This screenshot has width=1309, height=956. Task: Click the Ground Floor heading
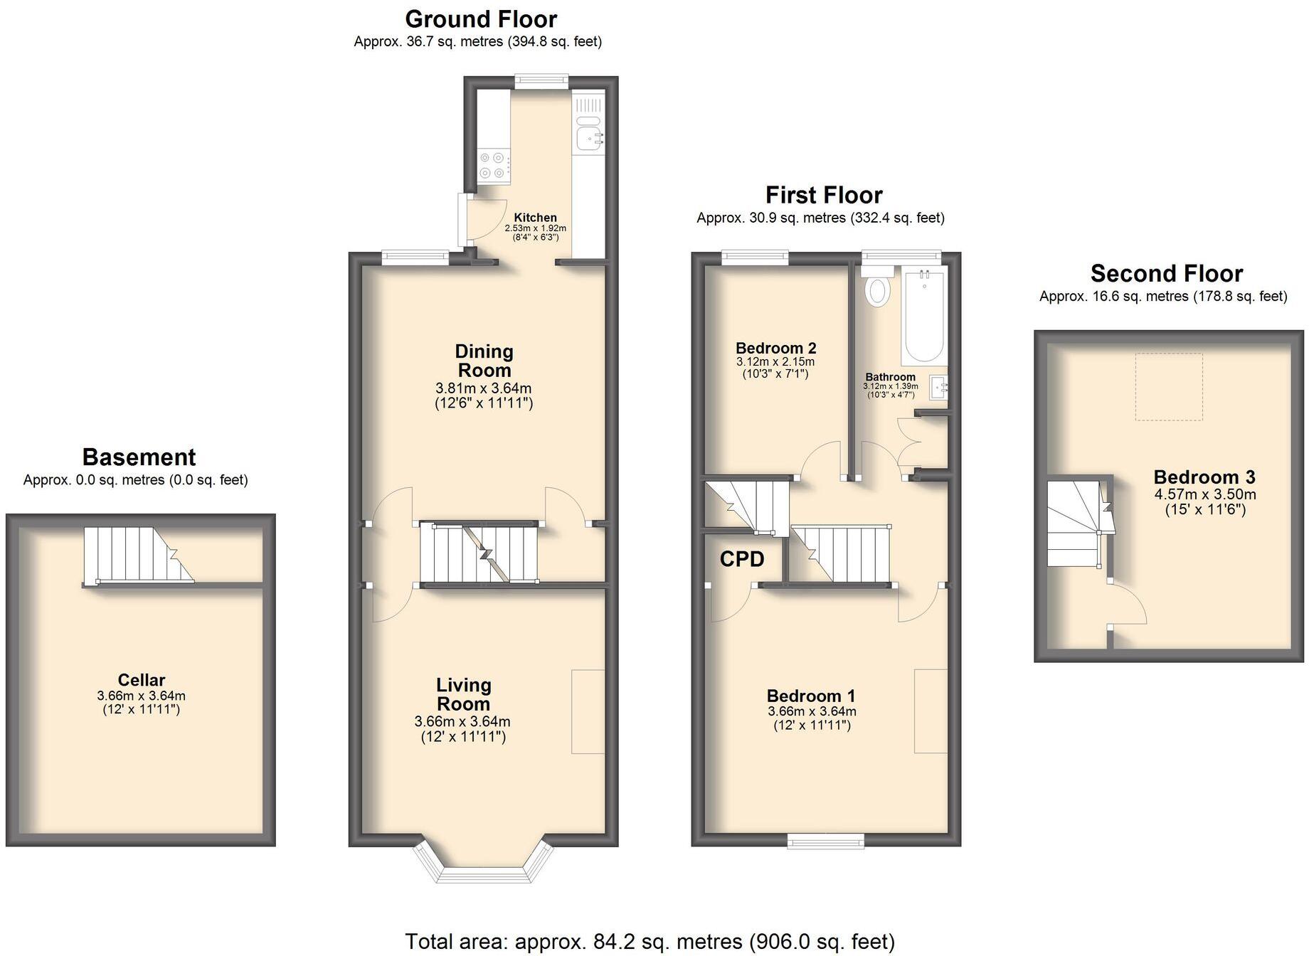pos(481,19)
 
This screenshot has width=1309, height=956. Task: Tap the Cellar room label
pos(142,680)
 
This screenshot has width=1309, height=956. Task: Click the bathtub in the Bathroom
pos(924,317)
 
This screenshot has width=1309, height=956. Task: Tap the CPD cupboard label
pos(742,560)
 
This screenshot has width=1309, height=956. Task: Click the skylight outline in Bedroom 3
pos(1168,387)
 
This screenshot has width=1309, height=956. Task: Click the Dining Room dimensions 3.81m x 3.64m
pos(484,388)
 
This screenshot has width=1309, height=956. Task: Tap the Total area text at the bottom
pos(650,941)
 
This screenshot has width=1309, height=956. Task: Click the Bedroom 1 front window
pos(825,841)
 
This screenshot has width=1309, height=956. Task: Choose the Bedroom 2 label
pos(775,349)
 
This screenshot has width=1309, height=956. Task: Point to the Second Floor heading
pos(1166,274)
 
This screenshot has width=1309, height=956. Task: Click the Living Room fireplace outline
pos(588,711)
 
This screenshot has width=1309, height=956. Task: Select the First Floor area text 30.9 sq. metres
pos(820,218)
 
